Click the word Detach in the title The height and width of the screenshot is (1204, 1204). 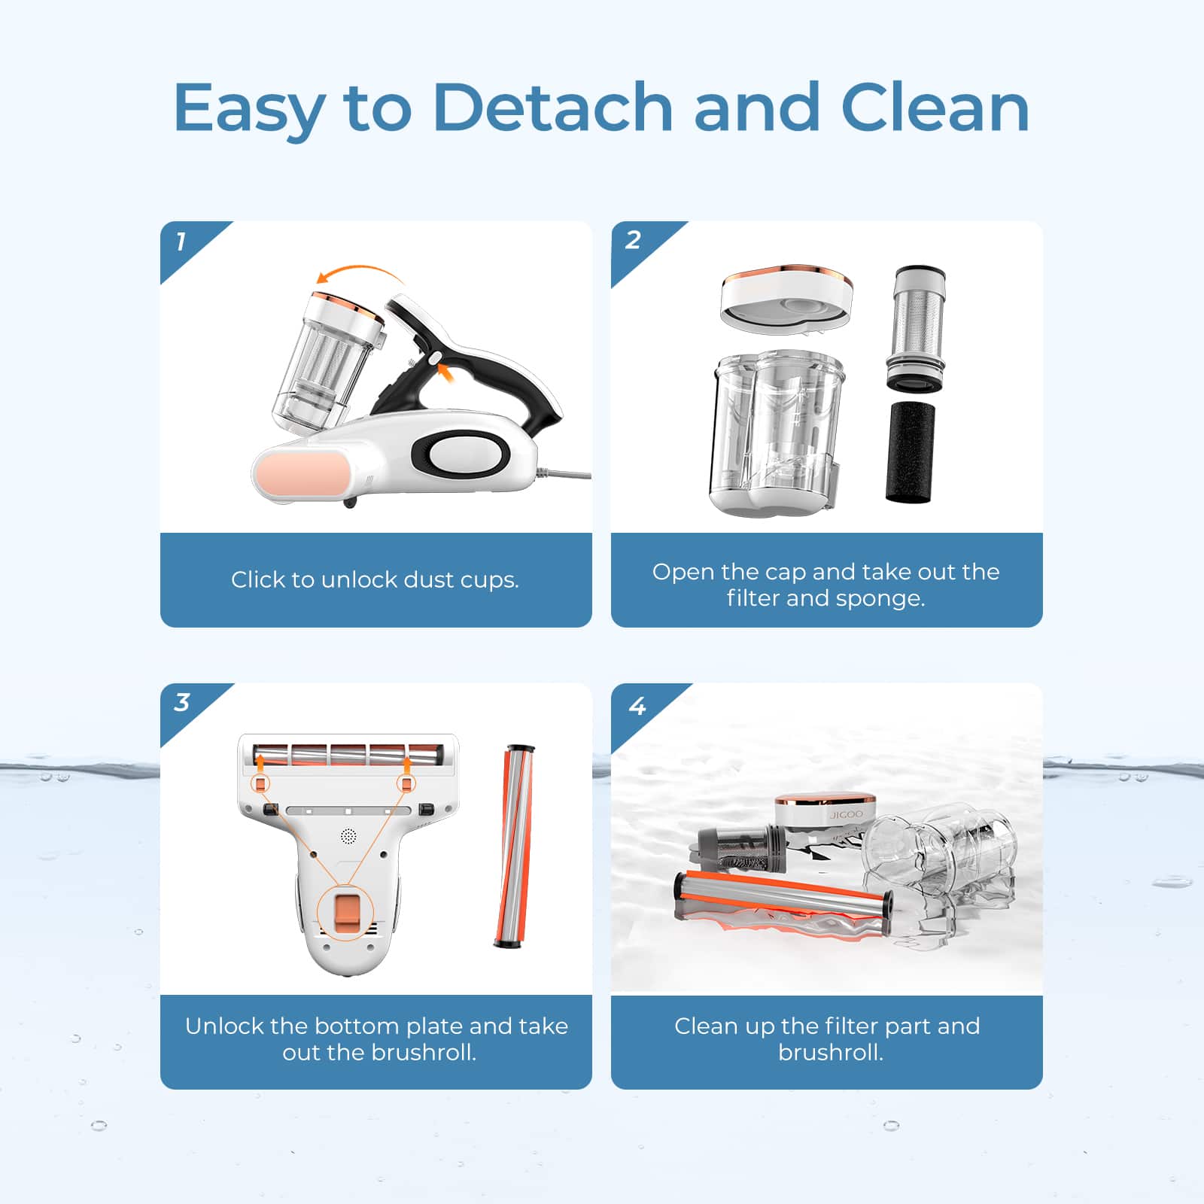coord(552,108)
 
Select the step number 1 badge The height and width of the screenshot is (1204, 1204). coord(181,242)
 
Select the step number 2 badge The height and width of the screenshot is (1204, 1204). coord(633,240)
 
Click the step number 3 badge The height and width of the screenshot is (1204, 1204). coord(181,702)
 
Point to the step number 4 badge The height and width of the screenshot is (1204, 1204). coord(637,706)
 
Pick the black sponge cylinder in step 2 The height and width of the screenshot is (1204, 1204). coord(910,451)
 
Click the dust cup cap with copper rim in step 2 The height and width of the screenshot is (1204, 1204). coord(786,297)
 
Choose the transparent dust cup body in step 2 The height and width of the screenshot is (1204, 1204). coord(775,433)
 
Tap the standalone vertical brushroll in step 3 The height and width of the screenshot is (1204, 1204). coord(514,846)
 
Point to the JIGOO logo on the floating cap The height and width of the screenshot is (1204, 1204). coord(846,815)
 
